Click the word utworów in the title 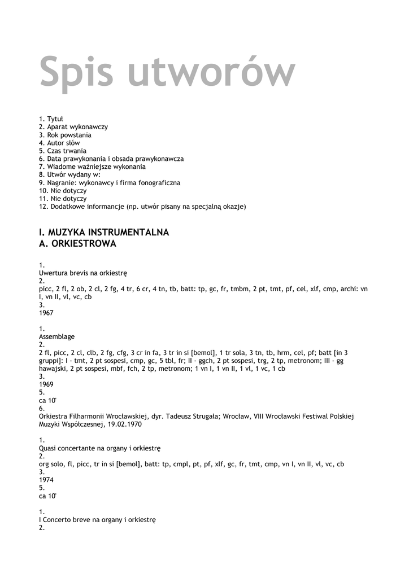pos(211,72)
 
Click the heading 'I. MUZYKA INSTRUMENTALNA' pos(104,233)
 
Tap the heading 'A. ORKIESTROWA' pos(77,244)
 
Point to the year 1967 pos(46,312)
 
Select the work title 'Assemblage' pos(56,336)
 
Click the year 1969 pos(46,384)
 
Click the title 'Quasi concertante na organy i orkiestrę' pos(100,448)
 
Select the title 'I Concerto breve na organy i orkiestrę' pos(97,519)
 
